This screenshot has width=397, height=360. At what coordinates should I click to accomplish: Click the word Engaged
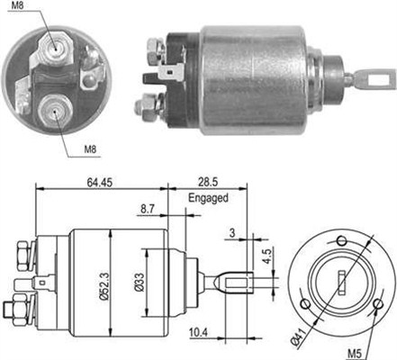[x=208, y=198]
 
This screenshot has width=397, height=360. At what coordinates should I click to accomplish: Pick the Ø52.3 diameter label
[x=105, y=280]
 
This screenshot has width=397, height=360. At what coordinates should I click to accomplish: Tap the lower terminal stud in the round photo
[x=54, y=111]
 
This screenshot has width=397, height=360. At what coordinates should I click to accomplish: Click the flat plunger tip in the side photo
[x=366, y=79]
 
